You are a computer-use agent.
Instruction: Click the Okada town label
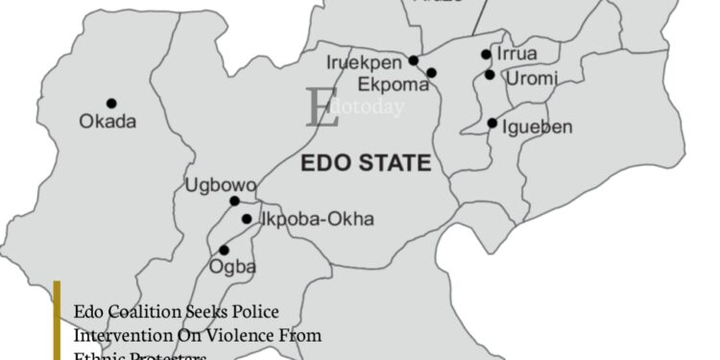point(108,122)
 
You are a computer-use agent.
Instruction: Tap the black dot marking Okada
point(111,103)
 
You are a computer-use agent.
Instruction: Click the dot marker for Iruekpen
point(414,60)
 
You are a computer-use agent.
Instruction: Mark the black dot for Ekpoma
point(432,73)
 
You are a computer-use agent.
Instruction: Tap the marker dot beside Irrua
point(486,55)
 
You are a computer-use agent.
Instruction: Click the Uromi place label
point(530,79)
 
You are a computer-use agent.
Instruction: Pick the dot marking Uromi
point(490,75)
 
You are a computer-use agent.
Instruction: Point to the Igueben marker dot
point(492,123)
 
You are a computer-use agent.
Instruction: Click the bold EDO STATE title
point(366,161)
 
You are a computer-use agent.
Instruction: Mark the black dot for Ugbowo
point(234,201)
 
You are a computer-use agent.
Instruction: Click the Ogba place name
point(234,267)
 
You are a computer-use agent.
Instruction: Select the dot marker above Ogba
point(225,250)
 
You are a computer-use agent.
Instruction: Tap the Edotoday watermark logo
point(353,107)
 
